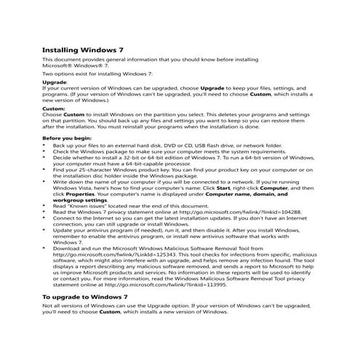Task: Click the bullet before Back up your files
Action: point(44,145)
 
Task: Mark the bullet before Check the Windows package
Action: point(44,151)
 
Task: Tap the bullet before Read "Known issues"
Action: point(44,206)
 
